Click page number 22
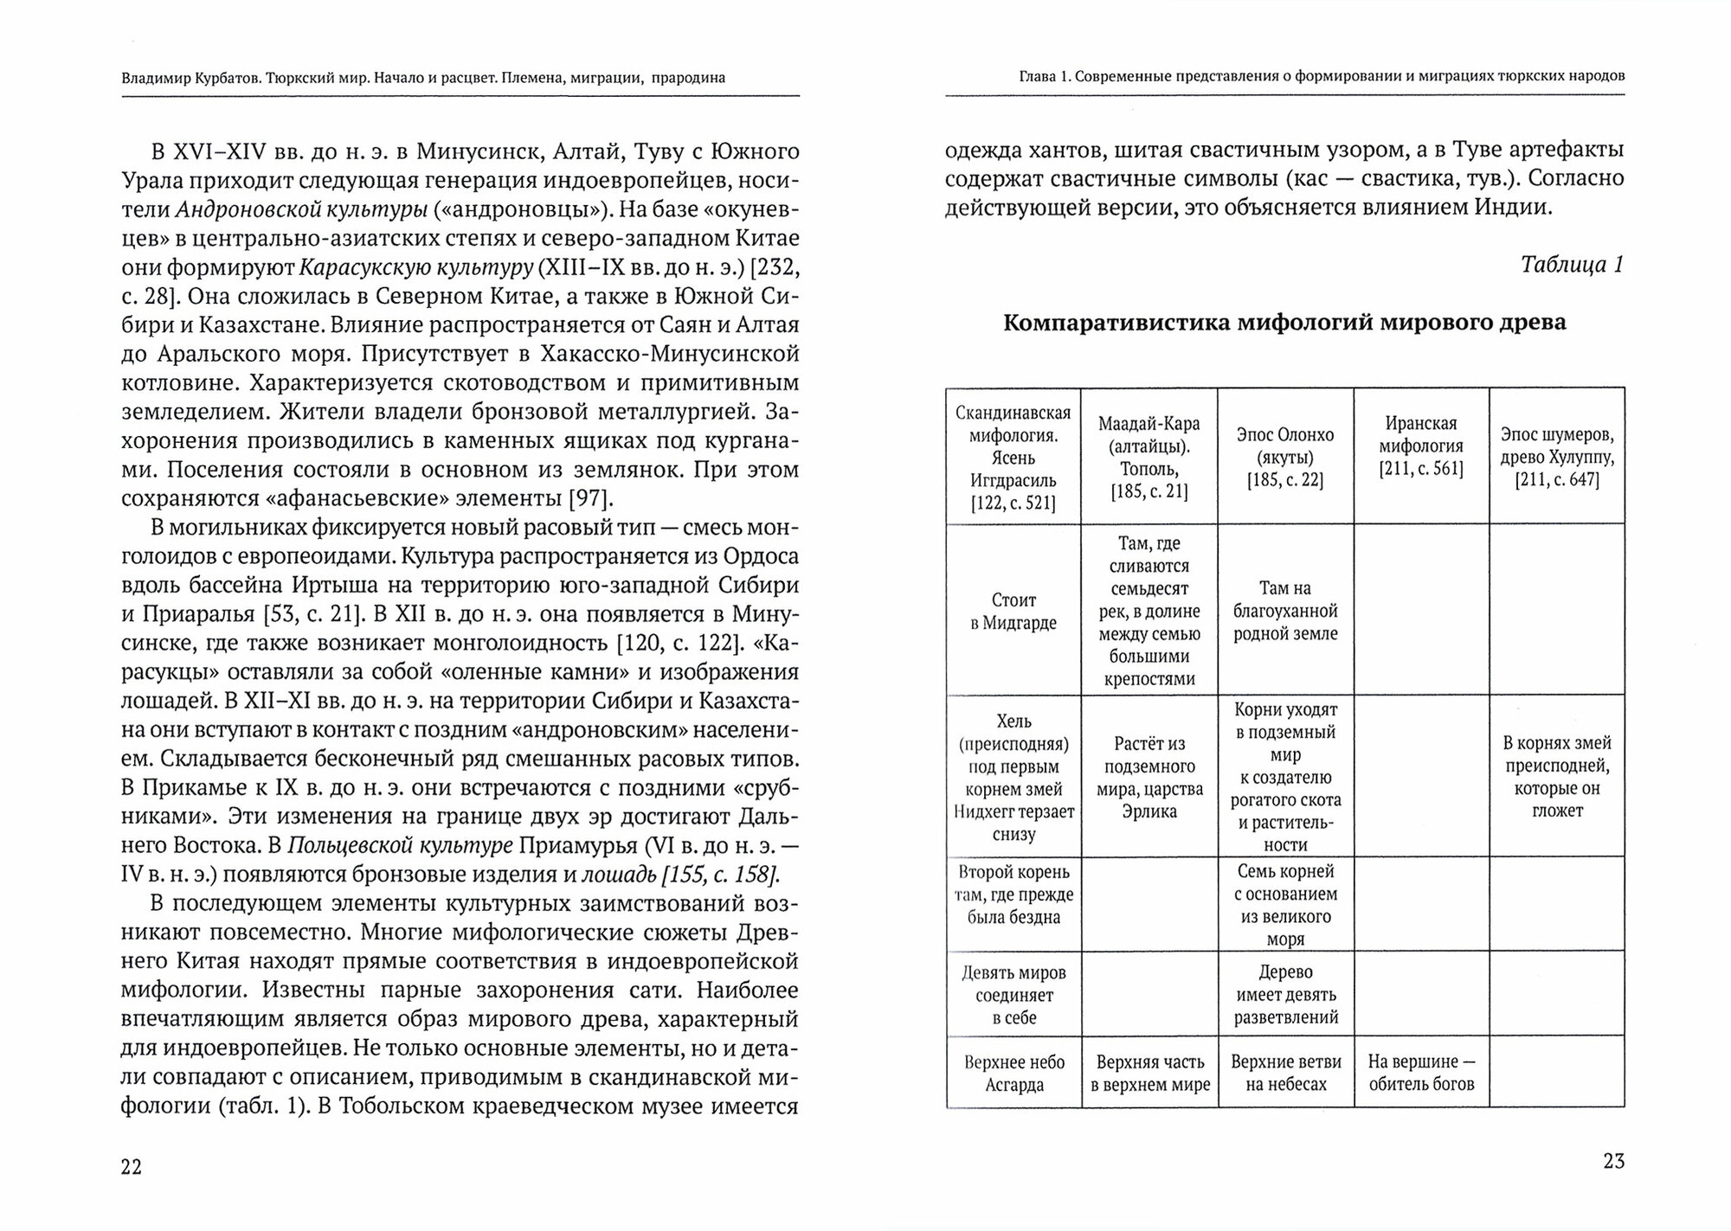[x=132, y=1167]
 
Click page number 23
[x=1613, y=1162]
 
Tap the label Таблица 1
[x=1572, y=265]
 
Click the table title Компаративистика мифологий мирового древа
[x=1284, y=323]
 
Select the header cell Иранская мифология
[x=1421, y=446]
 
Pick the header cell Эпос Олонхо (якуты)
[x=1285, y=458]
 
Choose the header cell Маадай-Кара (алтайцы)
[x=1149, y=458]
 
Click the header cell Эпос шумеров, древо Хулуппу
[x=1556, y=458]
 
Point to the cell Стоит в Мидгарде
[x=1013, y=611]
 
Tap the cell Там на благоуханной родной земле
[x=1285, y=611]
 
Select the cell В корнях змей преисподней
[x=1556, y=776]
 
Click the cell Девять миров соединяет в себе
[x=1013, y=995]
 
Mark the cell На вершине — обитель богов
[x=1421, y=1073]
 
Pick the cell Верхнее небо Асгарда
[x=1013, y=1073]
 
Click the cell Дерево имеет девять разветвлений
[x=1285, y=995]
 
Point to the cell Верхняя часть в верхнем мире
[x=1149, y=1073]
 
